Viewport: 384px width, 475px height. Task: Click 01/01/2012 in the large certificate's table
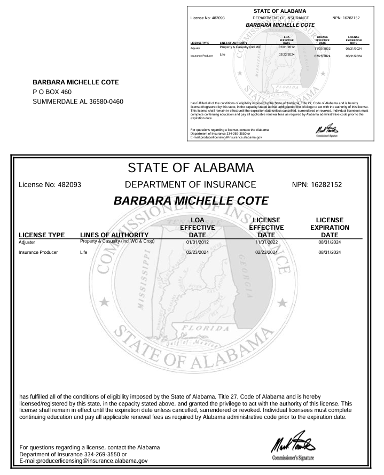click(x=197, y=242)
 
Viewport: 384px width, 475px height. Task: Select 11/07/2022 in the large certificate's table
click(x=266, y=242)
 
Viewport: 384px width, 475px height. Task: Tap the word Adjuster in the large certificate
click(x=27, y=242)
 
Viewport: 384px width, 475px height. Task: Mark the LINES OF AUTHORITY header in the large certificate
click(x=113, y=235)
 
